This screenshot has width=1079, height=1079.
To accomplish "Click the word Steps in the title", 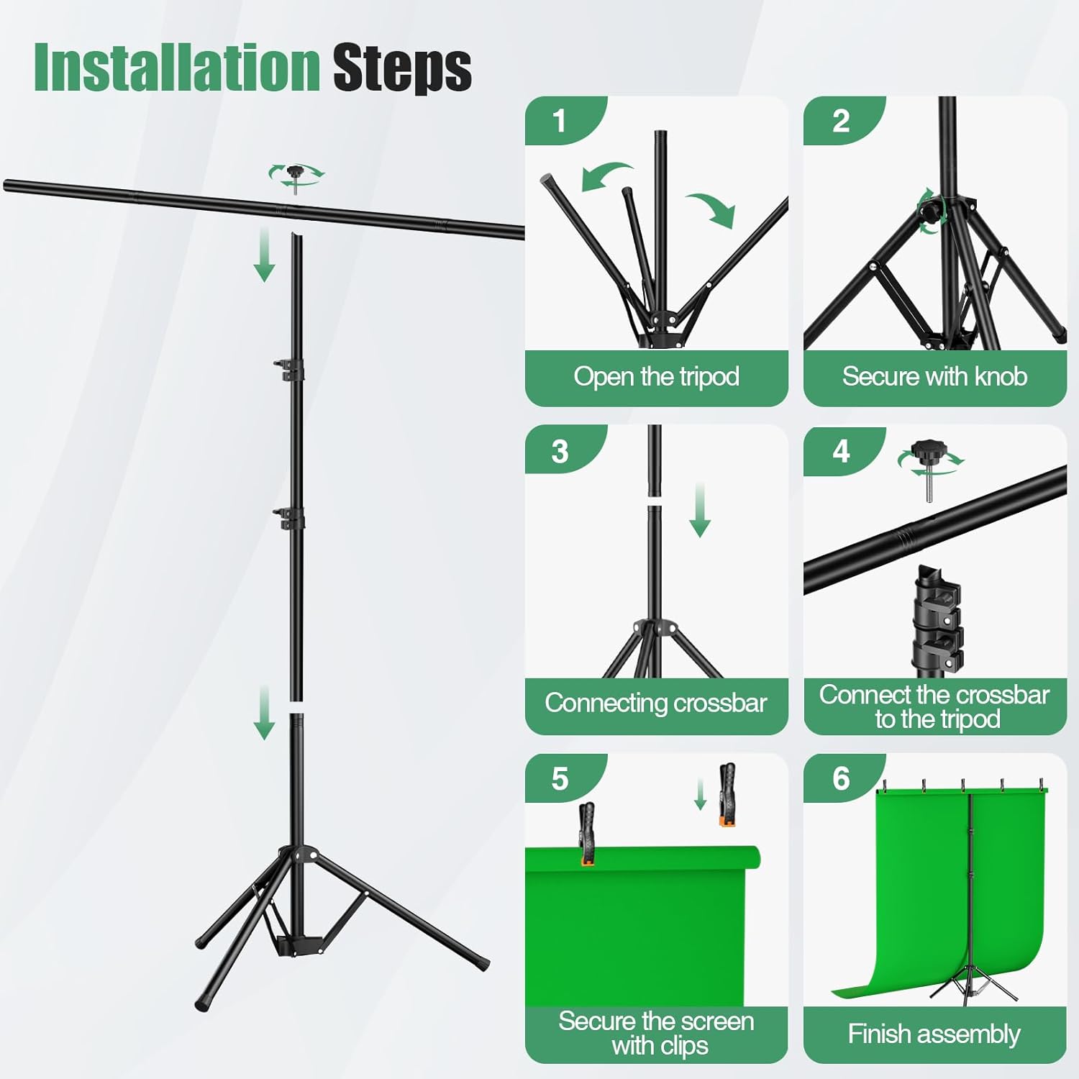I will (x=401, y=68).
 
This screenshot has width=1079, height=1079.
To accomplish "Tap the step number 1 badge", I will (x=559, y=121).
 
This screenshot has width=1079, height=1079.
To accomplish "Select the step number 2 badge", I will (x=840, y=121).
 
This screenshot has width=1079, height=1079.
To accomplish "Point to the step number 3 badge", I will (x=560, y=452).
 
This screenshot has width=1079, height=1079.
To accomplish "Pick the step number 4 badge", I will (x=841, y=452).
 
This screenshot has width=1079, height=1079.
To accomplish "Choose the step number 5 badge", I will (x=560, y=779).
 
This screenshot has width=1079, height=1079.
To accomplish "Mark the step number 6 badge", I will (x=841, y=779).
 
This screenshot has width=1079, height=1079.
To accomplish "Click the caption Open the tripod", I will (x=656, y=377).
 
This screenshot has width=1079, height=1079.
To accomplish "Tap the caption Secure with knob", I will (x=934, y=377).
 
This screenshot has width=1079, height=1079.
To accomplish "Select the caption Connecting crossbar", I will (x=656, y=703).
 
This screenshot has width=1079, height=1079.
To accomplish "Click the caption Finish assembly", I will (x=934, y=1034).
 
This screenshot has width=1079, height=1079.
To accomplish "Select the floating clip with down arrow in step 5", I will (x=727, y=794).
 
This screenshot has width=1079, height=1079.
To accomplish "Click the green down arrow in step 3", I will (x=700, y=511).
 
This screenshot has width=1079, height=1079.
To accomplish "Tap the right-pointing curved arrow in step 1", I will (x=713, y=208).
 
